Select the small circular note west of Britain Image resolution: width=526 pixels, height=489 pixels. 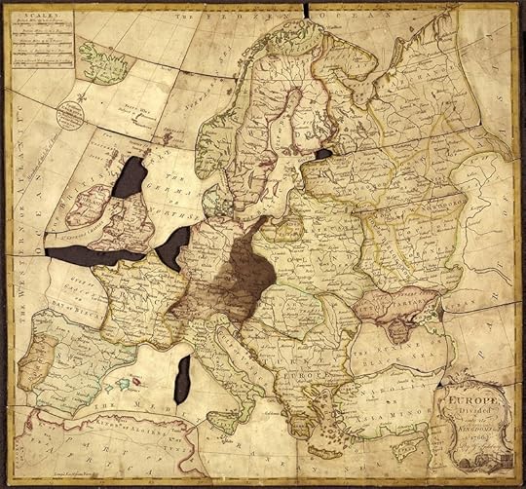point(71,115)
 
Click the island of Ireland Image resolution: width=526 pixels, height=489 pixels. point(85,206)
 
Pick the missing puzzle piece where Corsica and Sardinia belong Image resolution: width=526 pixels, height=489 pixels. point(182,379)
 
